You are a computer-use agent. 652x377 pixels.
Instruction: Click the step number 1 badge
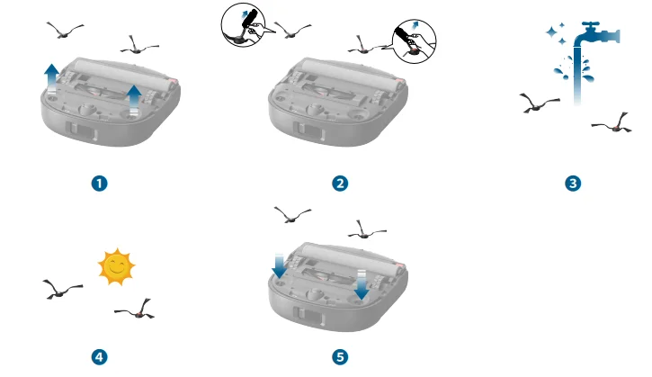coord(100,184)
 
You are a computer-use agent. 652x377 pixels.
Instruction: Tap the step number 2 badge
coord(340,184)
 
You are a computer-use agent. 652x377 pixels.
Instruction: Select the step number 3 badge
coord(573,184)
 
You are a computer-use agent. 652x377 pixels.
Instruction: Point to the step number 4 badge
coord(100,357)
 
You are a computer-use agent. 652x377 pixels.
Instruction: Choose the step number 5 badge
coord(340,357)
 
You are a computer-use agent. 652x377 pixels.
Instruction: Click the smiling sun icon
coord(116,266)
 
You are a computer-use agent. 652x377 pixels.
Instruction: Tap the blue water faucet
coord(597,34)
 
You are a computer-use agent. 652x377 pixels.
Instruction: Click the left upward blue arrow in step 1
coord(51,79)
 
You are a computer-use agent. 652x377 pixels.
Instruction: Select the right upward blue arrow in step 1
coord(134,100)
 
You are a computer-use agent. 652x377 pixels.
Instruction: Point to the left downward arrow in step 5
coord(279,265)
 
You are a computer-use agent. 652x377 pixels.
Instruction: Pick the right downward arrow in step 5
coord(362,285)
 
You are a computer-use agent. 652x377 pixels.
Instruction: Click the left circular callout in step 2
coord(243,24)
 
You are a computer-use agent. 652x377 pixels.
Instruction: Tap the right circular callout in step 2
coord(415,41)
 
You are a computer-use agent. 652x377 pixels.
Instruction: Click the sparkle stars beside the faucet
coord(557,33)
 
